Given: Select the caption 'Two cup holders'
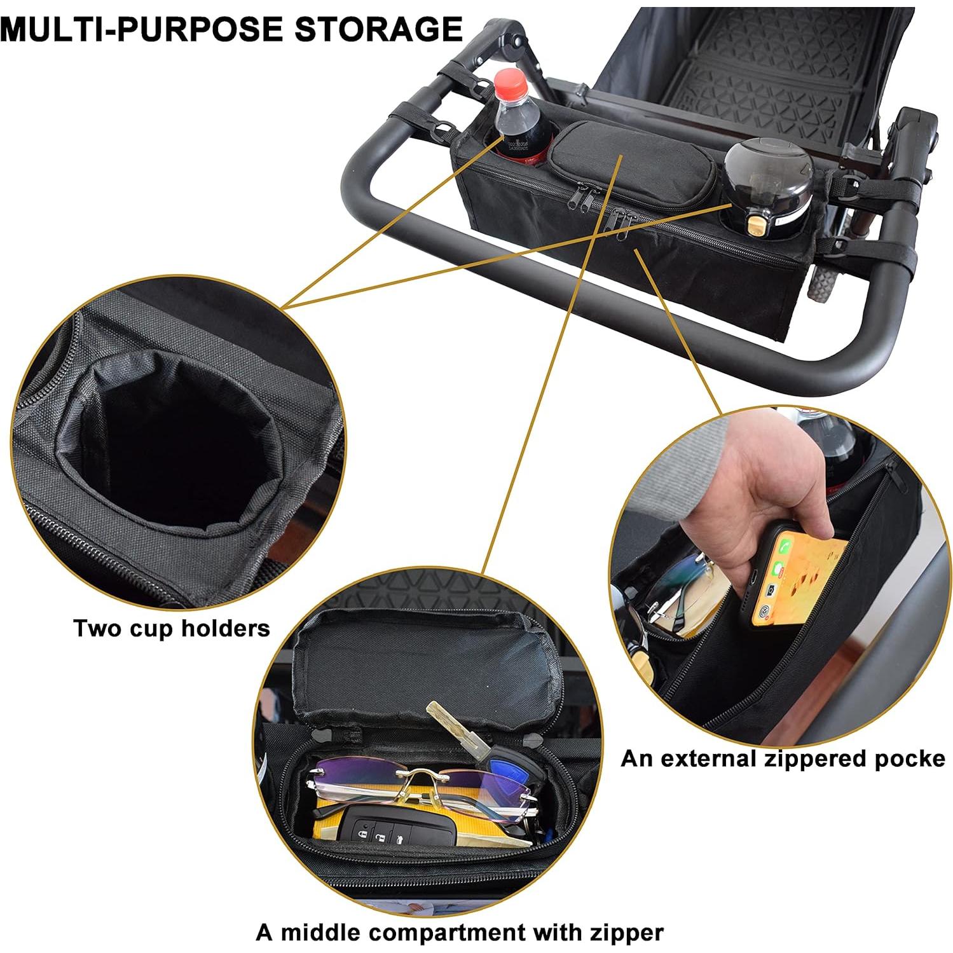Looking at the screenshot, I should (x=172, y=628).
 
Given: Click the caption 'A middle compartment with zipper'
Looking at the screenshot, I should (x=460, y=933).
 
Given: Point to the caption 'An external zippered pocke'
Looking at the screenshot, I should (x=783, y=758).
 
